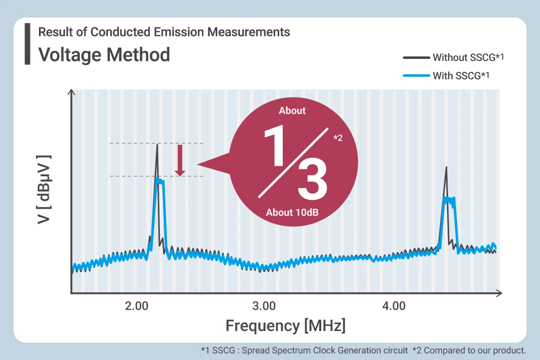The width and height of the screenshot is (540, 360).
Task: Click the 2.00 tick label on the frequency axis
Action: pos(137,306)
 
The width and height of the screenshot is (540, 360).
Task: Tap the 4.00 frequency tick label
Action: pos(394,306)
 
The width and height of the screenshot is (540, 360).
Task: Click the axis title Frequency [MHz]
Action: pos(285,326)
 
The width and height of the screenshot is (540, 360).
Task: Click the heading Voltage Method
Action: pos(104,54)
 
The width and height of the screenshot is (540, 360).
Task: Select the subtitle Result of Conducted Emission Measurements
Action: pos(164,32)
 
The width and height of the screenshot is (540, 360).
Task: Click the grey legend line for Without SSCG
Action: pos(416,57)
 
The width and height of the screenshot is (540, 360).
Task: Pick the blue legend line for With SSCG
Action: pos(416,76)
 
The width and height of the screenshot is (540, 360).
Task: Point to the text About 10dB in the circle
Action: pos(292,213)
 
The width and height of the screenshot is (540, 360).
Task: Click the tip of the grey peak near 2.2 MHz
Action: pos(157,145)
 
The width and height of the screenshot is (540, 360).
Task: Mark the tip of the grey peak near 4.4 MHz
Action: pos(446,167)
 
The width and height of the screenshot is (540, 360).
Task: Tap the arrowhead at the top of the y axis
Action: pos(72,92)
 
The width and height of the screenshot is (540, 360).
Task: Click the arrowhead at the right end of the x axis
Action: pos(499,293)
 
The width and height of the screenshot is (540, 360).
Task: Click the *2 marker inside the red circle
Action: pos(338,138)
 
